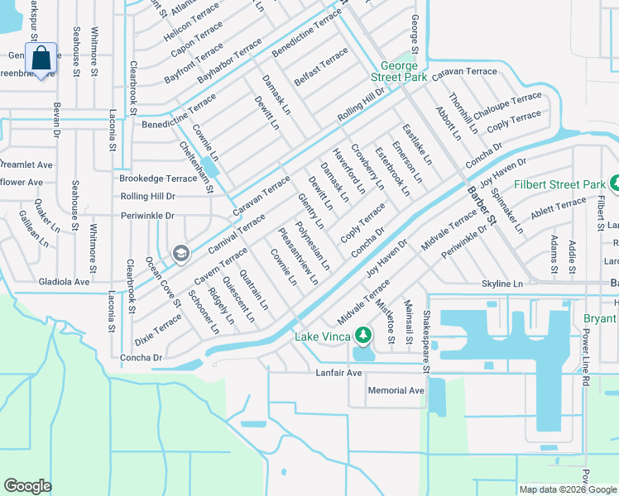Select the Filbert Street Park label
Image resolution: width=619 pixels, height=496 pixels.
click(x=558, y=184)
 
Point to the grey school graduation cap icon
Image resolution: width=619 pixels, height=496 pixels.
click(x=180, y=253)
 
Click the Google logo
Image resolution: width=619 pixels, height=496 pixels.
click(x=27, y=486)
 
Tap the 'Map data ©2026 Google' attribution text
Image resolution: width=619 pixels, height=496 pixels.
click(x=568, y=489)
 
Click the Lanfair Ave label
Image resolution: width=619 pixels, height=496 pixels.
click(x=339, y=373)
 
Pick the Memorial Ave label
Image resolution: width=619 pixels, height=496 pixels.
click(x=396, y=390)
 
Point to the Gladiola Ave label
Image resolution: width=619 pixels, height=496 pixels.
click(x=64, y=281)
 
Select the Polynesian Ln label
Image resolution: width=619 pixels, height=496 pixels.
click(x=313, y=246)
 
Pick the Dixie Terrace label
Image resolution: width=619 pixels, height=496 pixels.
click(x=157, y=329)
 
